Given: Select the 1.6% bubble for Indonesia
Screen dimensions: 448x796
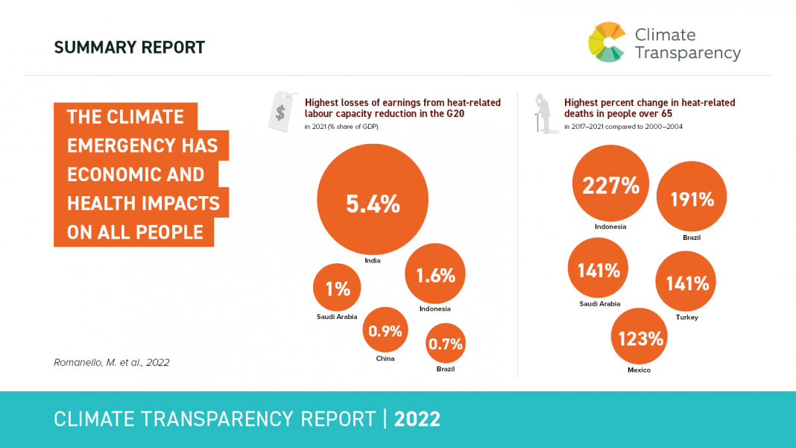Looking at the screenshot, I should point(435,274).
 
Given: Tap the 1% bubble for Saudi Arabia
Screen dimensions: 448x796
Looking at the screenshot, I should point(337,288).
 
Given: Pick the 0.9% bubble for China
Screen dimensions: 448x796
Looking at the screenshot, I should point(385,329).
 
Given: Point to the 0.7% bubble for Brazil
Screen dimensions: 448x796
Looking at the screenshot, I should point(446,343).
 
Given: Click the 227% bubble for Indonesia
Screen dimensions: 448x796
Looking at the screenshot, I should point(611,184).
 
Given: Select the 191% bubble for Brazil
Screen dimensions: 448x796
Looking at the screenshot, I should point(692,198).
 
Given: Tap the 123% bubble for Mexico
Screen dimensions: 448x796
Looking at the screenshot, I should point(639,338).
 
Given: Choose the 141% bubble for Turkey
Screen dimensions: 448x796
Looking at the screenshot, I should point(686,283).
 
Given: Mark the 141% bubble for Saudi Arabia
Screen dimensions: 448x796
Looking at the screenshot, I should point(598,269).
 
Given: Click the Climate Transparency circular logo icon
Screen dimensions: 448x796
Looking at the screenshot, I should point(606,42).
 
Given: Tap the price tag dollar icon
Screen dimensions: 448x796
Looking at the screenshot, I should point(279,113).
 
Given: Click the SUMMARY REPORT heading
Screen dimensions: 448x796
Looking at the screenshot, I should point(129,48).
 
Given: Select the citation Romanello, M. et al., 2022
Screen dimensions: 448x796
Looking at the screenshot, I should point(112,363).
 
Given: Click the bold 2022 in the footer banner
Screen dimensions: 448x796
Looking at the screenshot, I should point(417,419).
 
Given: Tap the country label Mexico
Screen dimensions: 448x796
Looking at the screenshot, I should point(639,370).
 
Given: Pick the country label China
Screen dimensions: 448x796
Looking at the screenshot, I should point(385,359).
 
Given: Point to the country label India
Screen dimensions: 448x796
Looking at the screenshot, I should point(373,261).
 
